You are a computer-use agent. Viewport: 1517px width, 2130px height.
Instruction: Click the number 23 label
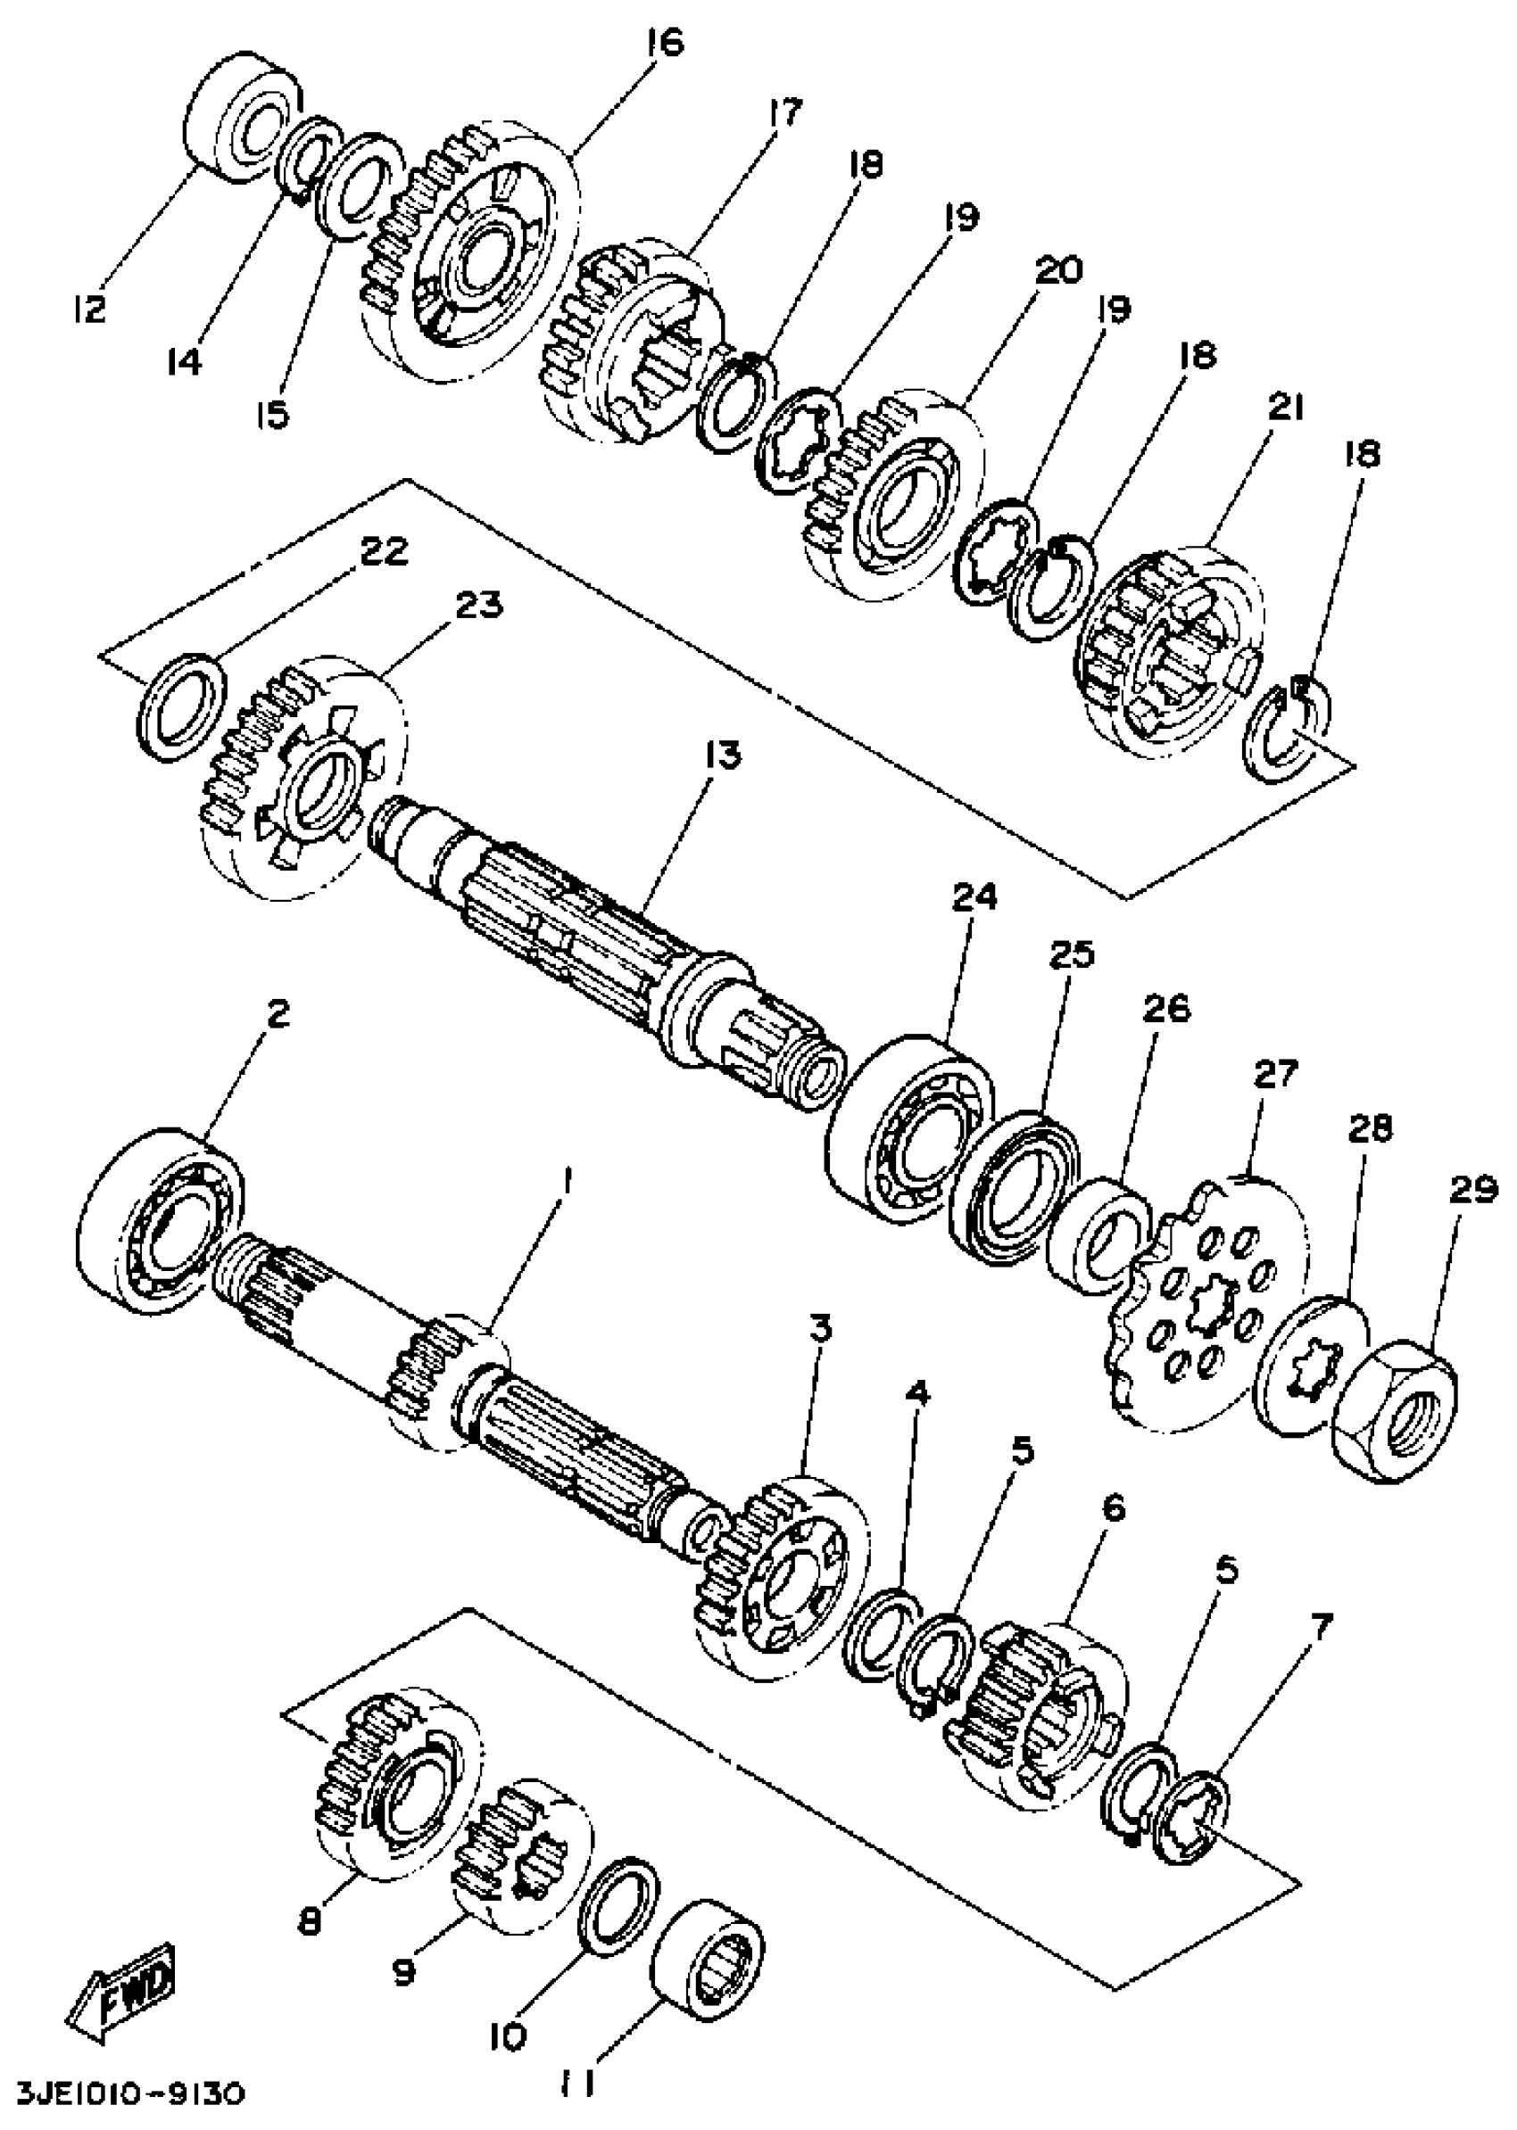point(478,606)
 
